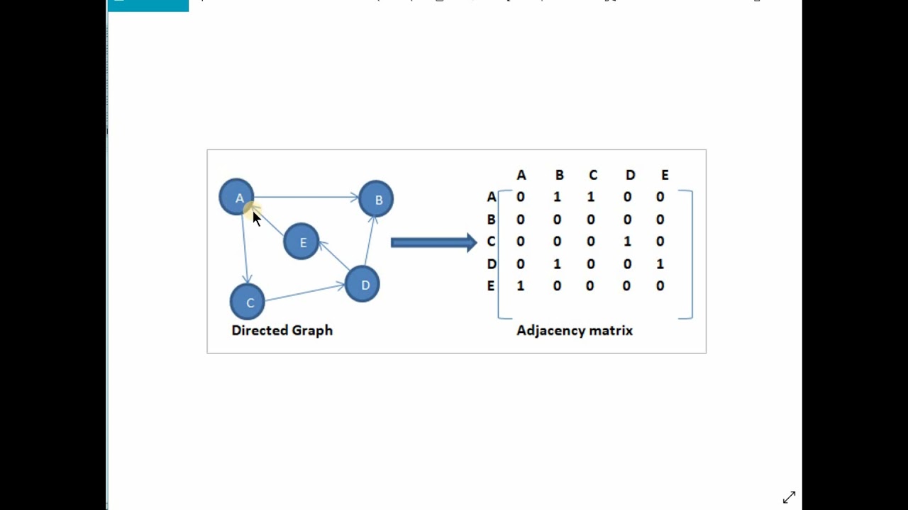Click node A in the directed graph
click(x=236, y=197)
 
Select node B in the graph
click(x=376, y=199)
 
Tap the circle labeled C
click(x=248, y=302)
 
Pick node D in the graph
click(x=362, y=284)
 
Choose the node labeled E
click(x=301, y=242)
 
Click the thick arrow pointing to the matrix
click(x=433, y=243)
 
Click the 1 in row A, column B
click(x=557, y=197)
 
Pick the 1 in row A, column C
click(x=591, y=197)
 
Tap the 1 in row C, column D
click(x=627, y=242)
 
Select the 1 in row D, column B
click(x=557, y=264)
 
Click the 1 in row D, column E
click(x=660, y=264)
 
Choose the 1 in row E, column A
click(x=521, y=286)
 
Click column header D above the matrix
click(x=629, y=175)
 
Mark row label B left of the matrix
click(x=491, y=220)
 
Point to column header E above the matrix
click(x=665, y=175)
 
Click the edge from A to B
click(x=305, y=198)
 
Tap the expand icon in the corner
click(x=789, y=497)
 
